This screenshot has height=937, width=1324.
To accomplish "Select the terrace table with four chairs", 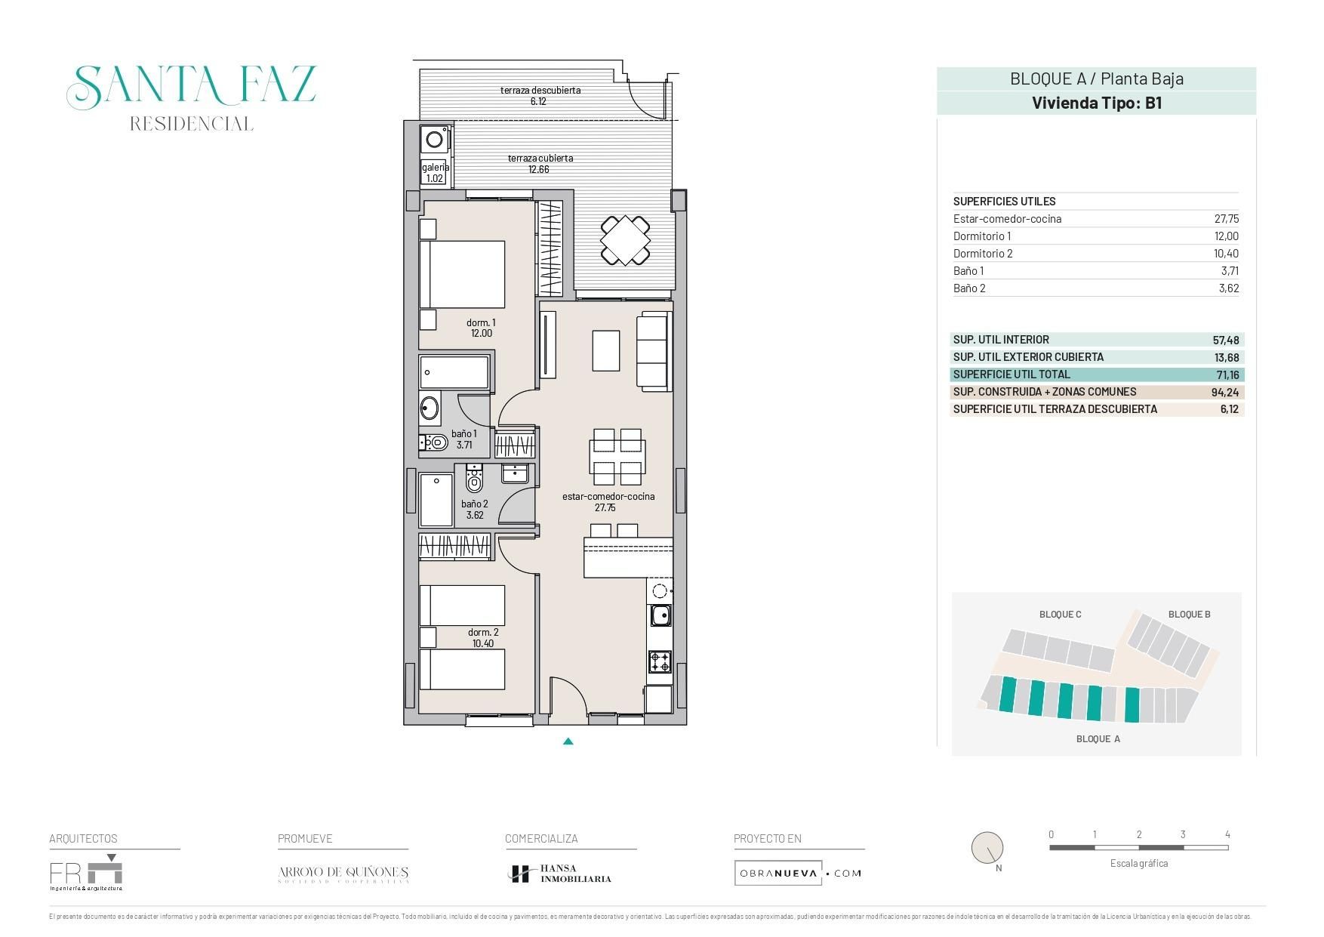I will (x=625, y=241).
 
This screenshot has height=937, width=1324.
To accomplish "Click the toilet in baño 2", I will (x=474, y=480).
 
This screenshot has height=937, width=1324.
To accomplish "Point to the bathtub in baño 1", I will (x=454, y=372).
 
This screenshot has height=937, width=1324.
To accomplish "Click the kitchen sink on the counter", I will (x=660, y=615).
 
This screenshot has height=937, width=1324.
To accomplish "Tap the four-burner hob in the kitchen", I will (x=660, y=662).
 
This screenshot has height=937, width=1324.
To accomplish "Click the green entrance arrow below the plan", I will (x=568, y=741).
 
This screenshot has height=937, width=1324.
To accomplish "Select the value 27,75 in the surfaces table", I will (x=1226, y=219).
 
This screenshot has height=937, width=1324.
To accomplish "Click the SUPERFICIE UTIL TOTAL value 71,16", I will (x=1227, y=375).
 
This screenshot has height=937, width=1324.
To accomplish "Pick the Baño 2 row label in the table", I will (x=969, y=288).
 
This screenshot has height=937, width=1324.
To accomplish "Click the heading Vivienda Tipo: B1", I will (x=1096, y=103).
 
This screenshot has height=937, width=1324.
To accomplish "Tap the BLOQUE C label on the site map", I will (x=1060, y=615).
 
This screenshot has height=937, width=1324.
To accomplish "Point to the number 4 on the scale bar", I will (x=1227, y=834).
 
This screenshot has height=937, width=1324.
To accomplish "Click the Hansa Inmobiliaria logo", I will (x=559, y=874).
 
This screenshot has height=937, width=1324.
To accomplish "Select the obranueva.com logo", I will (x=799, y=874).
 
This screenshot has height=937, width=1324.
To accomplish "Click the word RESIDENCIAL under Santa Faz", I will (x=191, y=124).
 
